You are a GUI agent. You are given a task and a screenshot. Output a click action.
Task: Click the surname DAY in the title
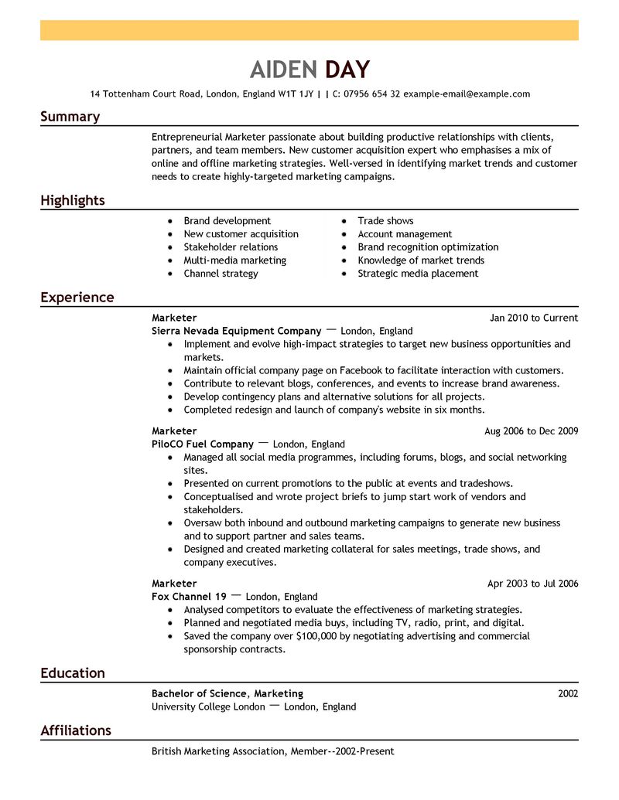(x=347, y=70)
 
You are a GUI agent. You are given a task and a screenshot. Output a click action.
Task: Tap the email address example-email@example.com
(x=467, y=94)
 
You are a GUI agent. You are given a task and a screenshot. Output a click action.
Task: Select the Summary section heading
(x=70, y=117)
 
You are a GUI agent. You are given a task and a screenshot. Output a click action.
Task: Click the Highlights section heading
(x=73, y=201)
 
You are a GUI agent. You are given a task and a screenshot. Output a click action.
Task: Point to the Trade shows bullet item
(x=385, y=221)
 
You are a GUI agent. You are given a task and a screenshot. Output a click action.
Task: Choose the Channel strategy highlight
(x=221, y=274)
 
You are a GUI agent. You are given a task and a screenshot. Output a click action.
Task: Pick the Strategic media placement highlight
(x=418, y=274)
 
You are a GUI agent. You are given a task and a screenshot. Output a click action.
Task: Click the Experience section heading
(x=77, y=298)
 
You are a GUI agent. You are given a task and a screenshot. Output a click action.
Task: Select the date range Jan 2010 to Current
(x=534, y=318)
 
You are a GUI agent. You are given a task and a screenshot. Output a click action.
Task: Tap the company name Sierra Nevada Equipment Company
(x=236, y=331)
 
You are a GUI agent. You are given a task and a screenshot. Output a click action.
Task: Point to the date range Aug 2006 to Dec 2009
(x=531, y=431)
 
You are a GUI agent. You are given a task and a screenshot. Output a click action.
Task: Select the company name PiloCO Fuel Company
(x=203, y=444)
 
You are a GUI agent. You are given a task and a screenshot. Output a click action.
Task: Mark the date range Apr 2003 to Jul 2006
(x=532, y=584)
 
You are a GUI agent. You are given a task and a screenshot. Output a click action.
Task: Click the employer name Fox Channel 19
(x=189, y=597)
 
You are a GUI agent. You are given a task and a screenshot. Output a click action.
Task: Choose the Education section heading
(x=73, y=673)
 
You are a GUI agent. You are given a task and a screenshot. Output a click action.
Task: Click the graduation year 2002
(x=568, y=693)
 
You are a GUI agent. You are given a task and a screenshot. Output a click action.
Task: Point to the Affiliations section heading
(x=76, y=730)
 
